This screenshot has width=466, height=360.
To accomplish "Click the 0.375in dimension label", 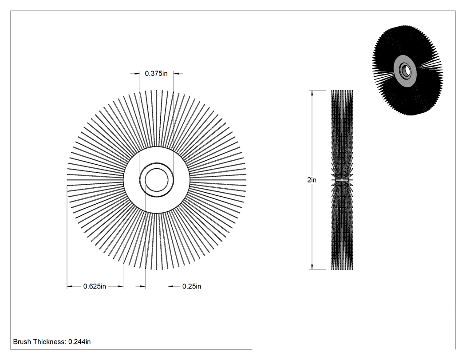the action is pyautogui.click(x=156, y=73).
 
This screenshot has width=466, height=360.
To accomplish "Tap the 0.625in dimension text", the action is pyautogui.click(x=95, y=286).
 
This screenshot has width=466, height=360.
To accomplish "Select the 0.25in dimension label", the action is pyautogui.click(x=192, y=286).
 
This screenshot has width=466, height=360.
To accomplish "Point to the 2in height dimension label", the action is pyautogui.click(x=312, y=180).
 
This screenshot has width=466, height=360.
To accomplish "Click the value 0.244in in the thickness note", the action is pyautogui.click(x=79, y=342).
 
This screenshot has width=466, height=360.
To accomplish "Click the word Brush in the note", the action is pyautogui.click(x=22, y=342).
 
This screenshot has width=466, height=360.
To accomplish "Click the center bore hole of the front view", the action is pyautogui.click(x=157, y=180).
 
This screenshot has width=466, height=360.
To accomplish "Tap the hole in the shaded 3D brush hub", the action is pyautogui.click(x=405, y=71).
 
